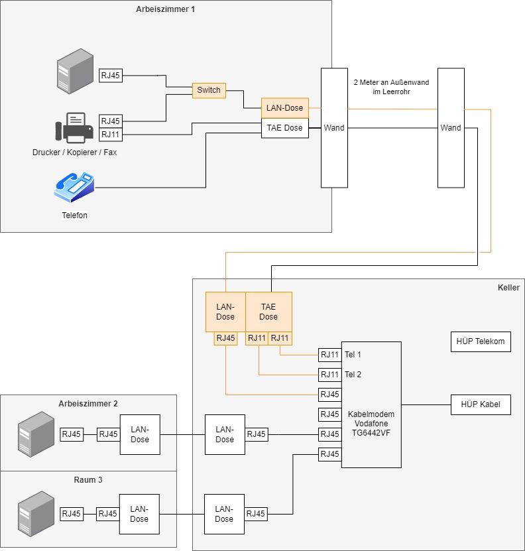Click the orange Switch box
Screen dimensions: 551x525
[x=209, y=90]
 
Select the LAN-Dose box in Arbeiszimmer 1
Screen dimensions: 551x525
[x=284, y=108]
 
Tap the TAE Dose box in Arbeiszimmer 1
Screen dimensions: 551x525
[x=284, y=128]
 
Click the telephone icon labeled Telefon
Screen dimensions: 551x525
[x=74, y=188]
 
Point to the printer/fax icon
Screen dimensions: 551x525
[x=74, y=128]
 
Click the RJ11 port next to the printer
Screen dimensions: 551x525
[x=111, y=135]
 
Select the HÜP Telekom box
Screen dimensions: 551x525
[x=481, y=342]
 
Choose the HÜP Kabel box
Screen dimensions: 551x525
[x=481, y=404]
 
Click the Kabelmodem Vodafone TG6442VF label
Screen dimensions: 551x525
[x=371, y=424]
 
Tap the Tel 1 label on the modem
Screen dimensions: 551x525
[x=353, y=355]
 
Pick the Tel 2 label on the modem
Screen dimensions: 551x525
[x=353, y=375]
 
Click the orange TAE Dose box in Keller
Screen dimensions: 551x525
[x=268, y=312]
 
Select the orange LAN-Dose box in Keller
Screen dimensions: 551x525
[x=225, y=312]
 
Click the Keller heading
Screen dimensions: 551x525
[x=508, y=288]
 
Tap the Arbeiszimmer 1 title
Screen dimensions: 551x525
[x=165, y=9]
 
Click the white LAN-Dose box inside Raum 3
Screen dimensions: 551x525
[x=139, y=514]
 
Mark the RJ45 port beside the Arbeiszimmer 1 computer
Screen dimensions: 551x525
[x=111, y=75]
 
